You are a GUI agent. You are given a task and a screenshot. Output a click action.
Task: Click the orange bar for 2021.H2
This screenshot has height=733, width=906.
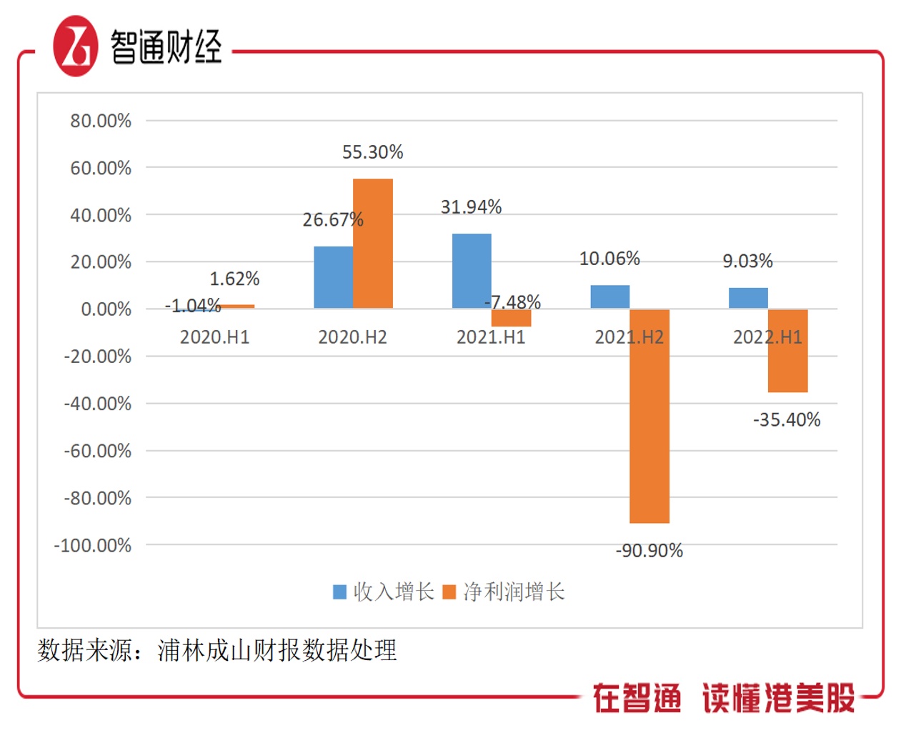tap(649, 416)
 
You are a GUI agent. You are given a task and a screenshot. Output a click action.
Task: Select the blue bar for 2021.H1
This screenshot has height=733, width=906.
tap(472, 271)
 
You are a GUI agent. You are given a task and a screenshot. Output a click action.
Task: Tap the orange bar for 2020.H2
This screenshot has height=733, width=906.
tap(372, 244)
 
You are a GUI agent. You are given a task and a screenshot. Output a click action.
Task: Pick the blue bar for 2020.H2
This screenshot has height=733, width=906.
tap(333, 277)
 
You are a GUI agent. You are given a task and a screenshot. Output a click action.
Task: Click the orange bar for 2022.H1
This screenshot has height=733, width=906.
tap(787, 351)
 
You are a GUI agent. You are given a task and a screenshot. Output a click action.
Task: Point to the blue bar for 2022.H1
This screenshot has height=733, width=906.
tap(748, 298)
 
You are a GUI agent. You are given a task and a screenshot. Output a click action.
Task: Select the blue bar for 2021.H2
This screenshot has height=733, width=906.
tap(609, 296)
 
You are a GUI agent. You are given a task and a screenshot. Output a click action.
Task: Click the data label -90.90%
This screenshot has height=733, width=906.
tap(649, 551)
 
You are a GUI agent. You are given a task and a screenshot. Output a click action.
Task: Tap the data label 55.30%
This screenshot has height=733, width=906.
tap(372, 152)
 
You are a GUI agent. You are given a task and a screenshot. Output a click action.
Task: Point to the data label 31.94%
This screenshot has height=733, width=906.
tap(471, 207)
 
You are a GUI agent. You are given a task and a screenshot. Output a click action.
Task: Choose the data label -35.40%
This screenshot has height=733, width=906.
tap(787, 420)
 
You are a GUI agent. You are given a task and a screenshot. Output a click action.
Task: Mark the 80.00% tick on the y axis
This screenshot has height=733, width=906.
tap(101, 121)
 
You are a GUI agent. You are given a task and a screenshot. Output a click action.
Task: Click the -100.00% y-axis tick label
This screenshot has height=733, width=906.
tap(93, 546)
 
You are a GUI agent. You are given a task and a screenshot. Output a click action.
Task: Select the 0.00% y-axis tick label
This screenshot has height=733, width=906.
tap(106, 309)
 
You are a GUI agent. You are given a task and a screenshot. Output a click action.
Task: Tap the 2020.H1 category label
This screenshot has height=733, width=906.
tap(214, 337)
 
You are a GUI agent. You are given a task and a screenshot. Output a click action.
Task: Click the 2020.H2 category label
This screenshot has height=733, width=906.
tap(352, 337)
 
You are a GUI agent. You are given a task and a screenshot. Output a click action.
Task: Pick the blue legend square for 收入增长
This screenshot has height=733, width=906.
tap(340, 592)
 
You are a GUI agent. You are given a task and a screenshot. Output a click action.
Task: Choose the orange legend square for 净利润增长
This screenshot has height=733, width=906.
tap(449, 592)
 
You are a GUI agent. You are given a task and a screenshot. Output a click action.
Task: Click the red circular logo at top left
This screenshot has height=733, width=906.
tap(75, 47)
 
